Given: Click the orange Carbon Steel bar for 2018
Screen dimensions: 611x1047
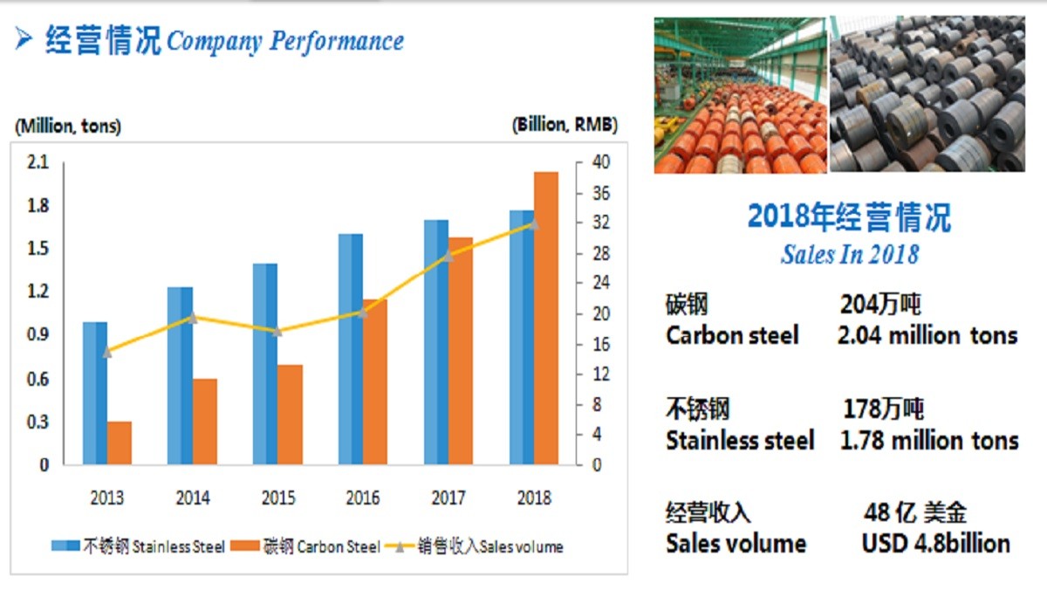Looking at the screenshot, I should coord(546,319).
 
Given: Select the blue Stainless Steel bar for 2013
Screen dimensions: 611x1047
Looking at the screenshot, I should coord(95,393).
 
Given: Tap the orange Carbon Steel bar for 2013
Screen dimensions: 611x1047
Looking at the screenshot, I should coord(120,443).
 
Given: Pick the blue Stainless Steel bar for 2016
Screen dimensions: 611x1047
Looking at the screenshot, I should coord(351,349).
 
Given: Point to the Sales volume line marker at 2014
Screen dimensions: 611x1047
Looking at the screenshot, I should coord(193,318).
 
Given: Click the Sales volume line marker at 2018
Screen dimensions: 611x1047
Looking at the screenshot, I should coord(534,223).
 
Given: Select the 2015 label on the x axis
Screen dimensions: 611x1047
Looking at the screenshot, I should coord(278,498).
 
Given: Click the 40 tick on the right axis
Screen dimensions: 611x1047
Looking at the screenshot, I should coord(600,163).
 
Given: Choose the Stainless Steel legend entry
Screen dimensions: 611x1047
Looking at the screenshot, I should coord(140,547).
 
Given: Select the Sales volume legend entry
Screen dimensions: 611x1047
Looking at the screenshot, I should coord(478,547).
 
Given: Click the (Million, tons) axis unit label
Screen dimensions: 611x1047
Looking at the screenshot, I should coord(68,126).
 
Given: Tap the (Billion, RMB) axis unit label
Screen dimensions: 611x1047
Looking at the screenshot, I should coord(565,125).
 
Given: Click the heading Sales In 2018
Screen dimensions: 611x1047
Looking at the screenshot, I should coord(849,254).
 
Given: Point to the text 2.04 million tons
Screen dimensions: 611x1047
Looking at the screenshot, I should coord(927,335).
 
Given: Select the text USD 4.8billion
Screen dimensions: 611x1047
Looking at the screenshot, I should coord(935,543).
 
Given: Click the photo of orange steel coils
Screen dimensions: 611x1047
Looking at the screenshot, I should coord(740,94).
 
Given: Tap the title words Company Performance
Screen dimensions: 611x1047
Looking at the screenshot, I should coord(285,41).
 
